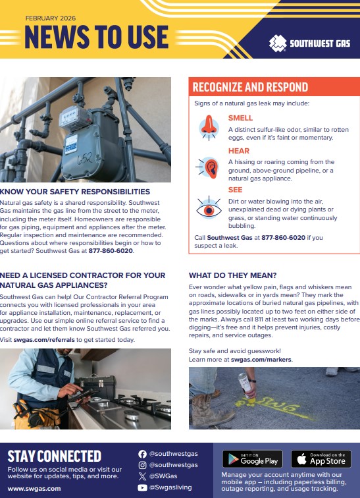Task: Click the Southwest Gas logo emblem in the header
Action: pos(278,43)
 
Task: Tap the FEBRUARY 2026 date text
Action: pos(51,18)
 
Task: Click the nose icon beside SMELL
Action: pos(209,127)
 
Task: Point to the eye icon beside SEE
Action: pos(209,208)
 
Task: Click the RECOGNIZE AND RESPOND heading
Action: pos(250,87)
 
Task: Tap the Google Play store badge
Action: pos(253,458)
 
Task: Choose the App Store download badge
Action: pos(321,458)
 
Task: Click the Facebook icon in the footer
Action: pos(142,454)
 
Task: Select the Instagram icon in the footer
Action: pos(142,465)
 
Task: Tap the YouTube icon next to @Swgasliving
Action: pos(142,487)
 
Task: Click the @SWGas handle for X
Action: pos(163,476)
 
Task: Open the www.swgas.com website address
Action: pos(34,489)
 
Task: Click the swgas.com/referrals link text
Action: pos(44,340)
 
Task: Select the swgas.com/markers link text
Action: pos(261,360)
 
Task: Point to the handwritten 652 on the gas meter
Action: pos(85,158)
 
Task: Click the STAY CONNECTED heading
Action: pos(54,456)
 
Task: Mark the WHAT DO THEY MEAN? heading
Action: pos(233,275)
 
